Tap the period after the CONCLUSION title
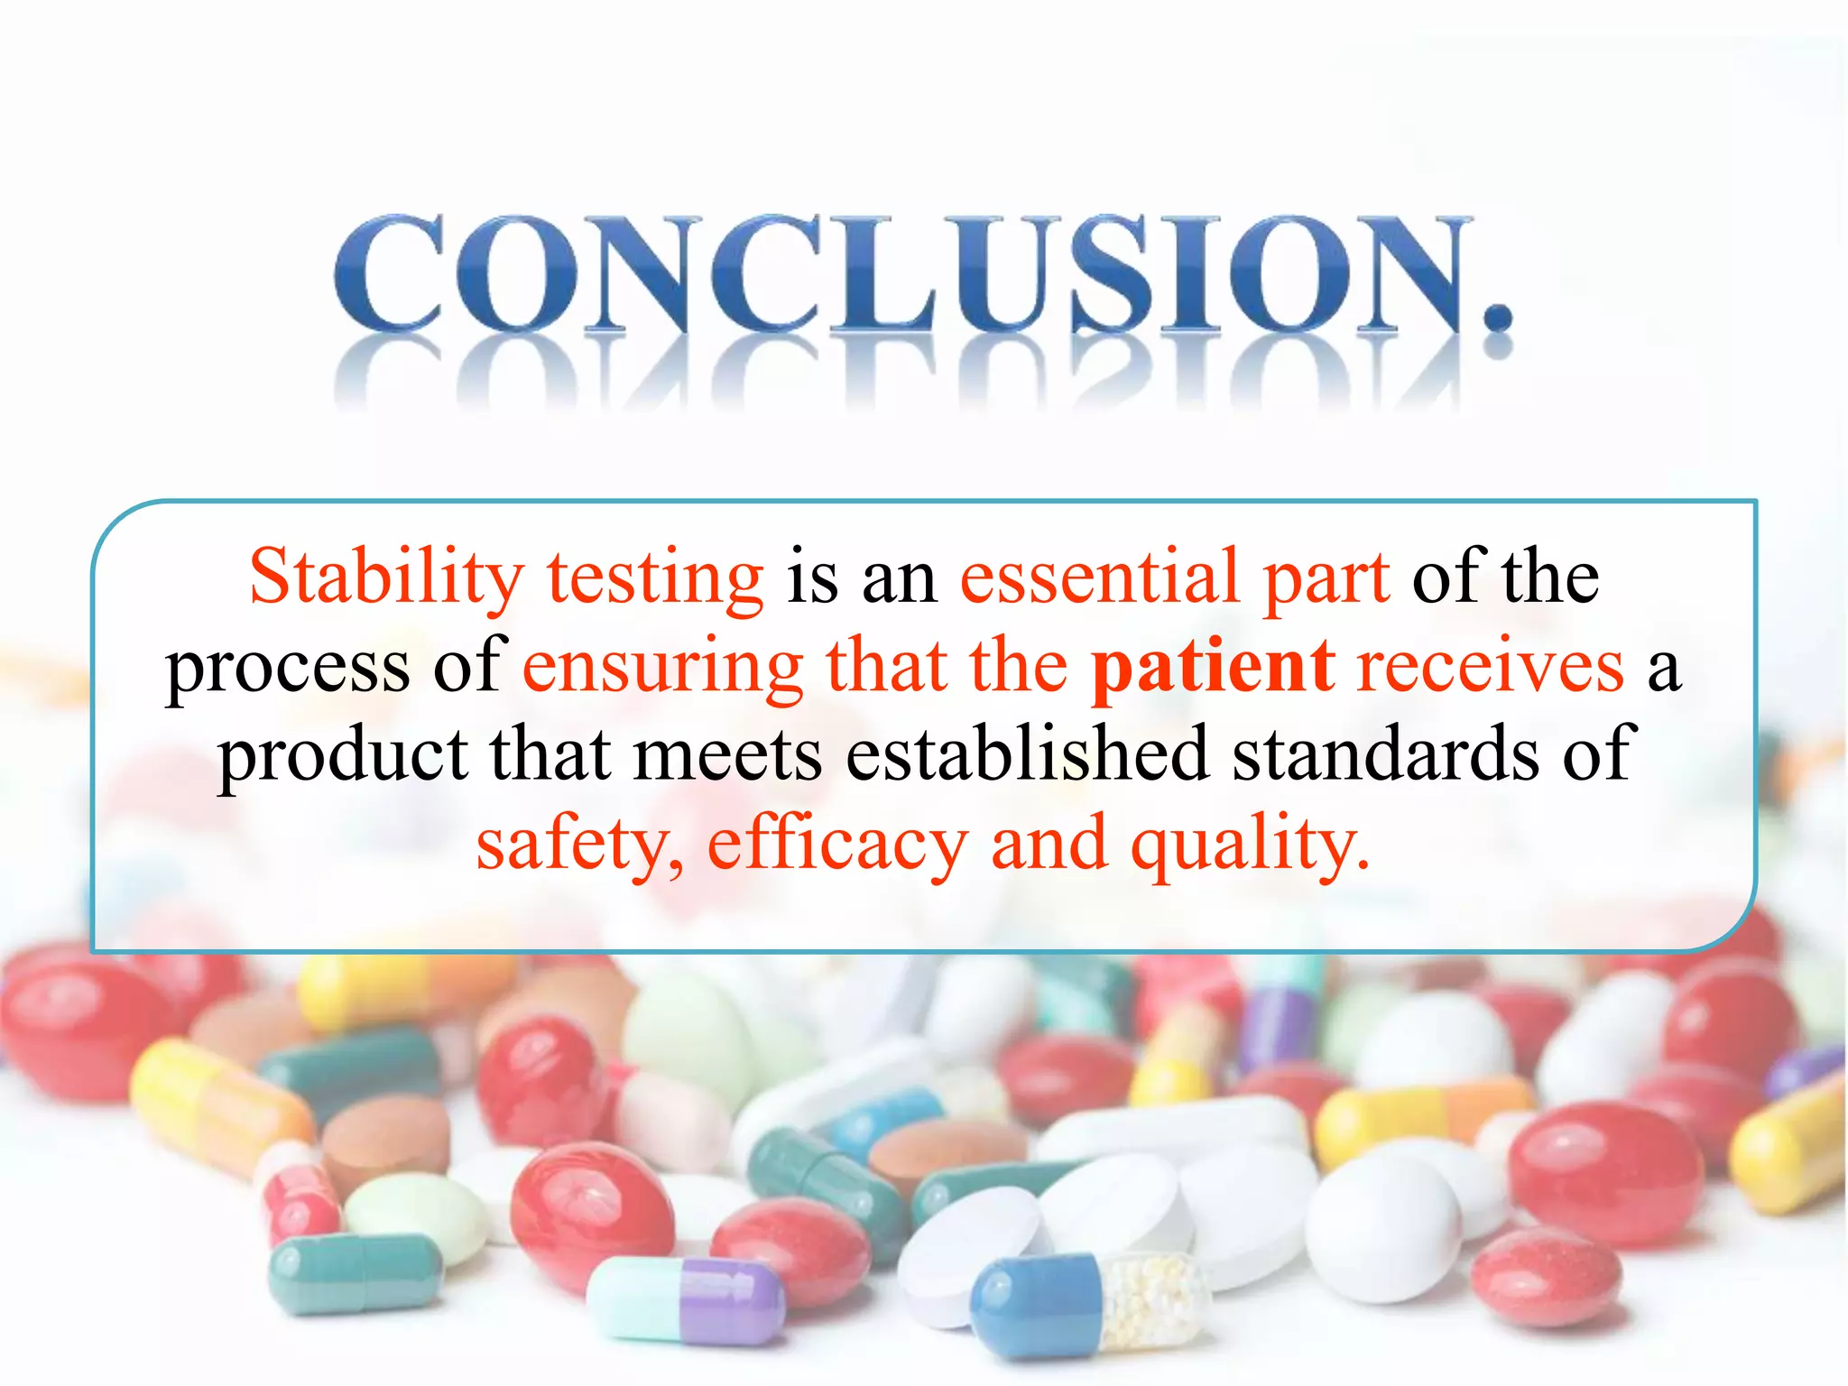[x=1497, y=315]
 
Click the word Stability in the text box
[x=386, y=577]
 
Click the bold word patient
[x=1213, y=668]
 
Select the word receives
[x=1490, y=668]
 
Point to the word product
[x=342, y=756]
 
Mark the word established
[x=1027, y=754]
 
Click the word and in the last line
[x=1049, y=843]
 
